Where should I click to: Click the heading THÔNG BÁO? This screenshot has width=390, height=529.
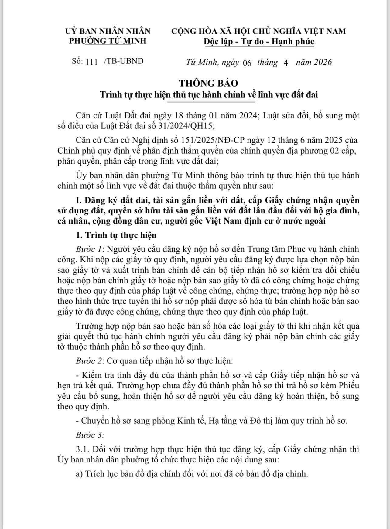click(x=208, y=83)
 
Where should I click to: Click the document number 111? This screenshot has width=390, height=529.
click(x=92, y=62)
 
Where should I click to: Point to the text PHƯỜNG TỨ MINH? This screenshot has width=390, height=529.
click(x=108, y=41)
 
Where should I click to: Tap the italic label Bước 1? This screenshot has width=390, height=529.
click(x=88, y=249)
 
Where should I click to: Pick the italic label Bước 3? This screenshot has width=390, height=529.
click(x=90, y=435)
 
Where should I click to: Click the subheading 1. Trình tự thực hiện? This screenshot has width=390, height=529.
click(x=116, y=235)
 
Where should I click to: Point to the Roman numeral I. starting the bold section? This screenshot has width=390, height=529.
click(x=78, y=200)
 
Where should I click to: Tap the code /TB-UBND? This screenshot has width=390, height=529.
click(x=123, y=61)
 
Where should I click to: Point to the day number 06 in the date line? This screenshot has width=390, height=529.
click(x=247, y=63)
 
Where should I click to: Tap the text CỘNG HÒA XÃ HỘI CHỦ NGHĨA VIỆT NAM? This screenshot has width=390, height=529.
click(x=258, y=31)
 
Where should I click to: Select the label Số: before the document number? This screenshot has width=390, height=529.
click(x=77, y=61)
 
